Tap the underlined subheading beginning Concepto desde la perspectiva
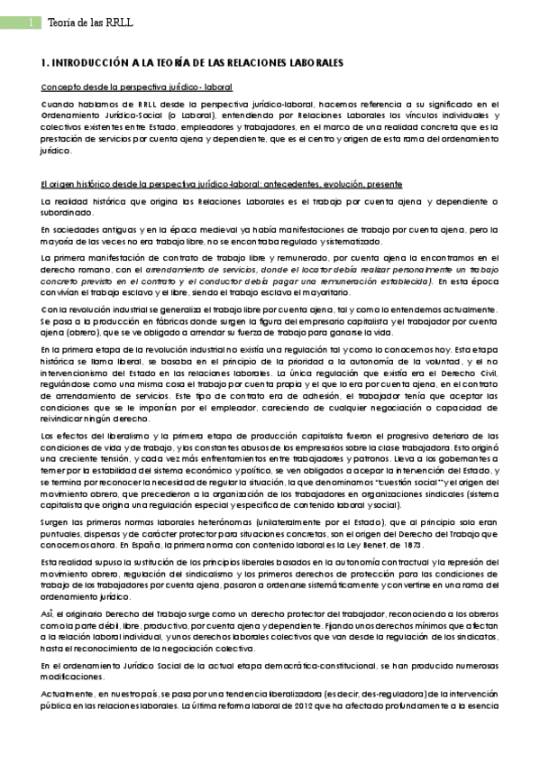pos(137,88)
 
